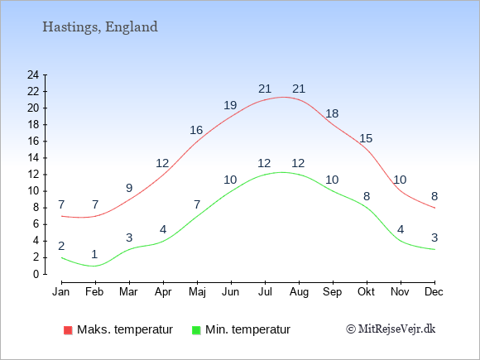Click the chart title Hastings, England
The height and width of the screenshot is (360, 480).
coord(100,27)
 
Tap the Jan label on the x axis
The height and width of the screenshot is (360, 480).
coord(61,292)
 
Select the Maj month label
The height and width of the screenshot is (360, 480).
coord(197,292)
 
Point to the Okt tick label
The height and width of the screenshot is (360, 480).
coord(366,292)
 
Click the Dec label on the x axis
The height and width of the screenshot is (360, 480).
coord(434,292)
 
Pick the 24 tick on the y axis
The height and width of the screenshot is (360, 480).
coord(33,74)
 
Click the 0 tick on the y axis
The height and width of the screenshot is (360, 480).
coord(36,274)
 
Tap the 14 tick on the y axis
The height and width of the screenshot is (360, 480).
coord(33,157)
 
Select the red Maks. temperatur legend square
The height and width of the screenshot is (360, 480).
coord(68,330)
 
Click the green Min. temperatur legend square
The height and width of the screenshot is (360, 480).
coord(196,330)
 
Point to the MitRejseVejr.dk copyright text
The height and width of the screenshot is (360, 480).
coord(391,329)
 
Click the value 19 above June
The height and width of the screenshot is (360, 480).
coord(230,105)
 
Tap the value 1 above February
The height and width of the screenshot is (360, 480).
coord(94,254)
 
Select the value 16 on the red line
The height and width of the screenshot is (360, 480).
coord(196,131)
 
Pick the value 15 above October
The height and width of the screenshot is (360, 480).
coord(366,138)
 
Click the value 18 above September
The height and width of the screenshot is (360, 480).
coord(332,113)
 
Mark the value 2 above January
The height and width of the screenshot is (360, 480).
coord(61,246)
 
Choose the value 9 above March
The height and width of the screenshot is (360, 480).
coord(129,188)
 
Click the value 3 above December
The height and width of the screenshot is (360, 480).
coord(434,238)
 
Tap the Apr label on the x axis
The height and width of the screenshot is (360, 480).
coord(163,292)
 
